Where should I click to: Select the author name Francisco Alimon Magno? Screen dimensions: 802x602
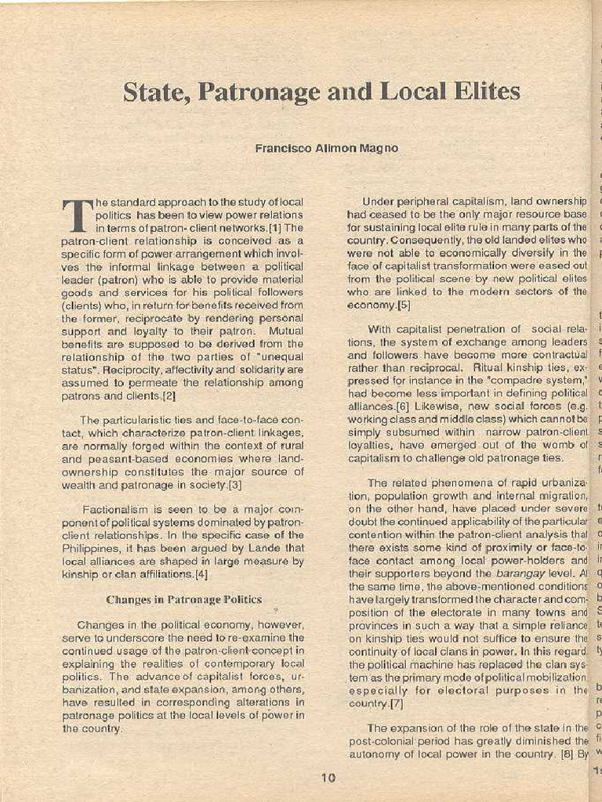tap(326, 148)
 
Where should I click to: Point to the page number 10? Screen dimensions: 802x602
tap(328, 778)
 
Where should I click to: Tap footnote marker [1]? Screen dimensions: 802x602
tap(275, 228)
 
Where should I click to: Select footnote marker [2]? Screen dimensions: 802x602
tap(169, 396)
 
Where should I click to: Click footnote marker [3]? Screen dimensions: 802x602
tap(234, 486)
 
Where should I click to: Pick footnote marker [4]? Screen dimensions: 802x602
tap(201, 575)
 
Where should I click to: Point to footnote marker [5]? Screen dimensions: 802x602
tap(404, 305)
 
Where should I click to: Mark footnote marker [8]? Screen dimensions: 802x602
tap(564, 755)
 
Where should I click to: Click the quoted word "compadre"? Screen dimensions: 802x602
tap(518, 381)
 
